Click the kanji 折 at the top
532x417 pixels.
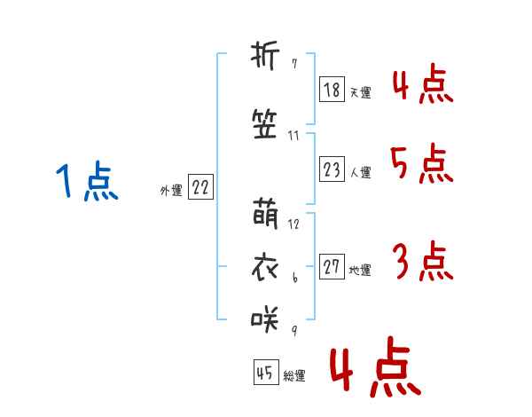coord(265,56)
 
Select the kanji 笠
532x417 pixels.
coord(264,124)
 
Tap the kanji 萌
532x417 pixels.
coord(265,214)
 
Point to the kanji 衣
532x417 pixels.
coord(265,267)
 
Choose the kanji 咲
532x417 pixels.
coord(264,319)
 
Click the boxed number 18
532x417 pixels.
coord(332,90)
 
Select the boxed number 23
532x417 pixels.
coord(332,169)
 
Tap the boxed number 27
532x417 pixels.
coord(332,266)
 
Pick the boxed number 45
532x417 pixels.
coord(266,372)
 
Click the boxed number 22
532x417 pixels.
coord(200,186)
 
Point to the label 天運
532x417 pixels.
coord(361,92)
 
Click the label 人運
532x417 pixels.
coord(361,172)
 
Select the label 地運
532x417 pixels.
coord(360,270)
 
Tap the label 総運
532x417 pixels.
coord(294,375)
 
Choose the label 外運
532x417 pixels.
coord(171,191)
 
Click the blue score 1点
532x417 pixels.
coord(87,180)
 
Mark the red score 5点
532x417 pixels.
coord(422,163)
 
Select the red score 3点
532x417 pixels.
coord(423,261)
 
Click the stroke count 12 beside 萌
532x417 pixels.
coord(293,224)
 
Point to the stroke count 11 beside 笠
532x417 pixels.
coord(293,136)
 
